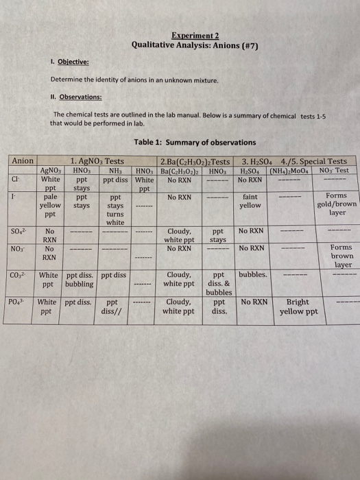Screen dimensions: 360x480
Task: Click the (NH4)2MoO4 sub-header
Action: tap(291, 170)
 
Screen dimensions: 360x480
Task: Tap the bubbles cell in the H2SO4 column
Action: tap(253, 275)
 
